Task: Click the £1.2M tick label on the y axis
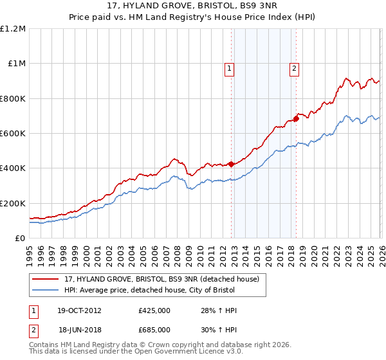[13, 29]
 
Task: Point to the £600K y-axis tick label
[13, 134]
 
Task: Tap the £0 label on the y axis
[20, 238]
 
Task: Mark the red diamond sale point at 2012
[230, 164]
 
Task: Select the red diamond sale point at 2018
[296, 118]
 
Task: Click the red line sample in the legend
[46, 279]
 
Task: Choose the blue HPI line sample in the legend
[46, 290]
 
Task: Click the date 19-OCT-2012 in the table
[78, 310]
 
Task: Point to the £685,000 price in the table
[154, 328]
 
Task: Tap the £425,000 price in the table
[154, 310]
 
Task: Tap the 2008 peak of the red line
[174, 159]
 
